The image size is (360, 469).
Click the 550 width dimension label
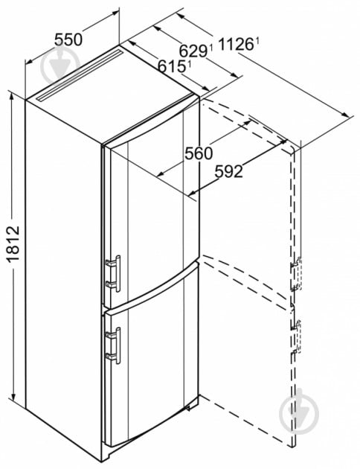[x=68, y=39]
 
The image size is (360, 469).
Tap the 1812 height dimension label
[x=13, y=244]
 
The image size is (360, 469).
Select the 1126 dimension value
[x=237, y=44]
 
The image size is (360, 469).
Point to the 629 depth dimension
[x=193, y=51]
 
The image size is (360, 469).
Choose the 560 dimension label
[x=199, y=154]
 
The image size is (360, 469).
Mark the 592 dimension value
[x=229, y=172]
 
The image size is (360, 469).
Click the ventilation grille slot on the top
[x=79, y=75]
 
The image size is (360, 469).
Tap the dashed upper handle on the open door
[x=297, y=274]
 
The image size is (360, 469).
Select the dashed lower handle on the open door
[x=296, y=336]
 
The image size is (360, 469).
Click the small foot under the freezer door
[x=188, y=407]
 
